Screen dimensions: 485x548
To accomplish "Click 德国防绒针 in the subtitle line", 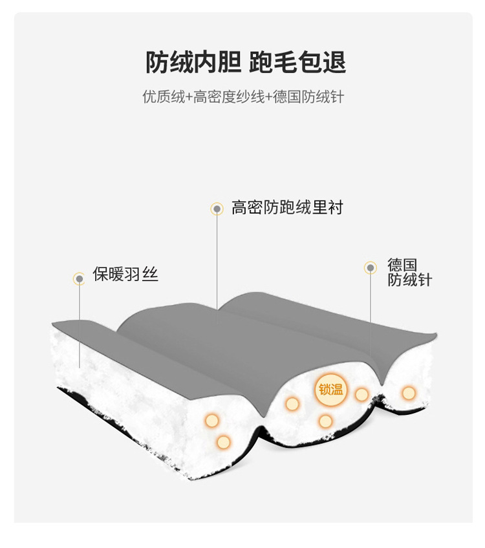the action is (x=307, y=98).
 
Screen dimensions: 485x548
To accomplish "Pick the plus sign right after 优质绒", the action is (x=188, y=98).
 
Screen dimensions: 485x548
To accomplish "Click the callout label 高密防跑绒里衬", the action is (x=287, y=208).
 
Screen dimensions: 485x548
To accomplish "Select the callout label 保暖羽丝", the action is (x=125, y=275).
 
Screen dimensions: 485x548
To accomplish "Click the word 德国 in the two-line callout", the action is (x=402, y=265).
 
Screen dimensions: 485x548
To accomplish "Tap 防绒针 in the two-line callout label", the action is (x=409, y=280).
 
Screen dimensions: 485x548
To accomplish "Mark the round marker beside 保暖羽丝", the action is (x=79, y=279).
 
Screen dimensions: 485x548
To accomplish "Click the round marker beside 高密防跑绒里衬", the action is (x=217, y=209).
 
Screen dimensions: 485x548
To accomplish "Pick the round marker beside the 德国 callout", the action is (x=371, y=267).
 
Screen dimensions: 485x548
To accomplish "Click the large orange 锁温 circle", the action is (x=331, y=390).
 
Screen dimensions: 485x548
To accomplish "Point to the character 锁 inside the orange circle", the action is (x=324, y=390).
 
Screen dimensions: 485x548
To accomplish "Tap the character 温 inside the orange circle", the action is (x=338, y=390).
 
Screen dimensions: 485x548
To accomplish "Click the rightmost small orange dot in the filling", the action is (x=409, y=392).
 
